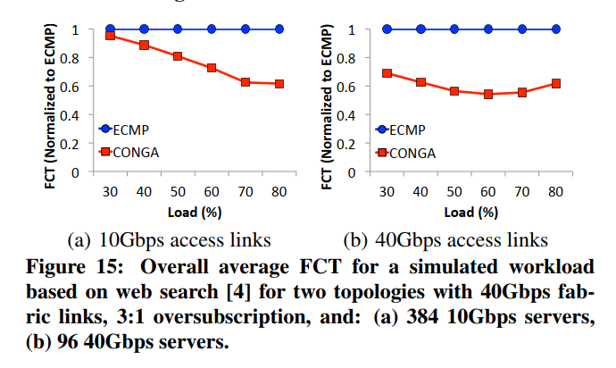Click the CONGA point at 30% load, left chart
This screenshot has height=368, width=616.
(x=111, y=35)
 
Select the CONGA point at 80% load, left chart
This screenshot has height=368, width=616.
(x=279, y=84)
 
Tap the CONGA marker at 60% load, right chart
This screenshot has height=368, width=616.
(x=488, y=94)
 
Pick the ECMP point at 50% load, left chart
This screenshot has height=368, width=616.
(x=178, y=29)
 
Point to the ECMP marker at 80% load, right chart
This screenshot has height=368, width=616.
(x=555, y=29)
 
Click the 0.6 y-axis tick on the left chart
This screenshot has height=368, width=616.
(x=80, y=87)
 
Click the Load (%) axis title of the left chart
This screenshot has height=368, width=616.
(x=195, y=213)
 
